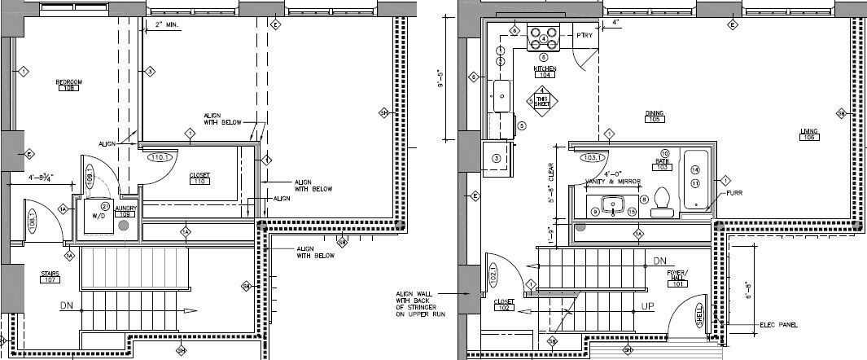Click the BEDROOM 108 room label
click(x=69, y=85)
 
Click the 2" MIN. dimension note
click(x=166, y=25)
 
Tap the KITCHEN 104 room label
click(x=545, y=71)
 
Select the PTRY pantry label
click(x=584, y=35)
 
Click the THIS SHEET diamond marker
click(x=542, y=99)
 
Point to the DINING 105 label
click(x=653, y=116)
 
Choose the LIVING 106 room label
click(x=808, y=134)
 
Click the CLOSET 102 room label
click(x=506, y=305)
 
